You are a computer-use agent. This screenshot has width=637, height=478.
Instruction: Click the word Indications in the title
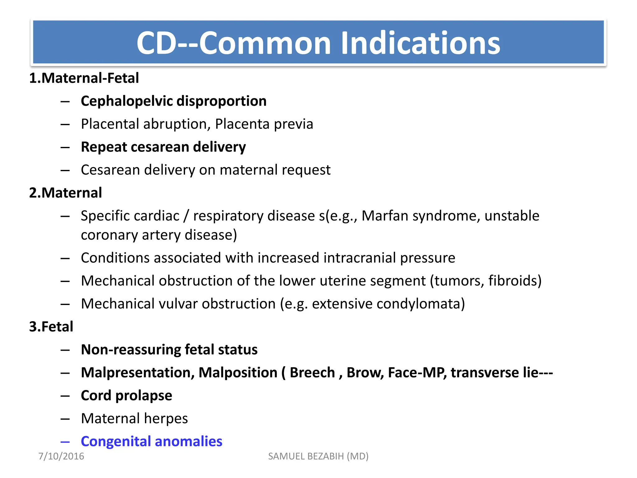tap(420, 43)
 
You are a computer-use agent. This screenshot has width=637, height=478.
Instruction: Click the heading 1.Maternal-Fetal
tap(84, 78)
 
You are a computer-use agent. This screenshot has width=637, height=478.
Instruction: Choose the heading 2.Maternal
tap(66, 193)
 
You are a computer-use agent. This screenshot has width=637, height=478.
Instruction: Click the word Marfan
tap(385, 216)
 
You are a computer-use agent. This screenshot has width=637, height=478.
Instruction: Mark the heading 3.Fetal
tap(51, 327)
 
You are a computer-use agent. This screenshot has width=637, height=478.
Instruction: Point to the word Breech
tap(312, 373)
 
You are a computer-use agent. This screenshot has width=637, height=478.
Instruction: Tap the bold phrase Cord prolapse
tap(126, 396)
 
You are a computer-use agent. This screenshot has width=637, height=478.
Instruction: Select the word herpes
tap(166, 419)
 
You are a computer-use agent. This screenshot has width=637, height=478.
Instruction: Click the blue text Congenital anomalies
tap(151, 441)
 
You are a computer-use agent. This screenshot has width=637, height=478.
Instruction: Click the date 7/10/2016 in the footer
tap(61, 456)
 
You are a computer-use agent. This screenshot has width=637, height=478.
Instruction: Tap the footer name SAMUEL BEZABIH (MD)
tap(318, 456)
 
